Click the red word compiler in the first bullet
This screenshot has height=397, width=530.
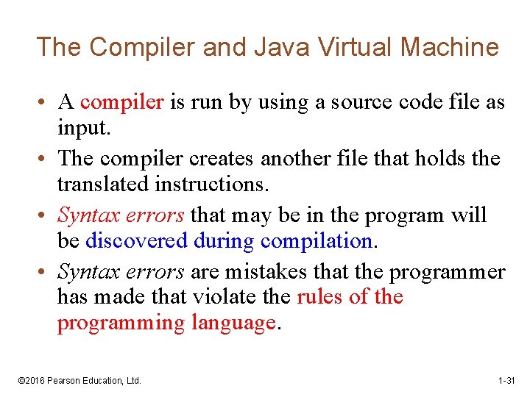point(121,102)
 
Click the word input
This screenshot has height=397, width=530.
point(84,129)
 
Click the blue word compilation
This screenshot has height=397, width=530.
point(316,241)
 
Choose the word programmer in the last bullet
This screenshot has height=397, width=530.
point(448,271)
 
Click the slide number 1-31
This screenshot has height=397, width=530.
point(506,381)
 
